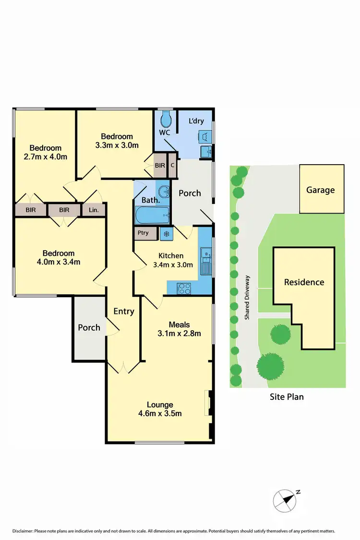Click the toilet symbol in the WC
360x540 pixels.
point(166,118)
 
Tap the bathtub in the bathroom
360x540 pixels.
point(153,216)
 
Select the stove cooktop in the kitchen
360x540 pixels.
point(185,288)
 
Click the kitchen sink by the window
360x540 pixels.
point(206,262)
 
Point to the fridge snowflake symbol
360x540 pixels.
point(166,234)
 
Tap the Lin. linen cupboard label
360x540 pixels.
point(92,210)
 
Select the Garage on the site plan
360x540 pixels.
point(321,189)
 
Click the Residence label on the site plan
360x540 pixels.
point(304,282)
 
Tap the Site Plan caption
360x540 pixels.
point(287,396)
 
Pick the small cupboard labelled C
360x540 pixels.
point(172,165)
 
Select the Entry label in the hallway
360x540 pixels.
point(123,311)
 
